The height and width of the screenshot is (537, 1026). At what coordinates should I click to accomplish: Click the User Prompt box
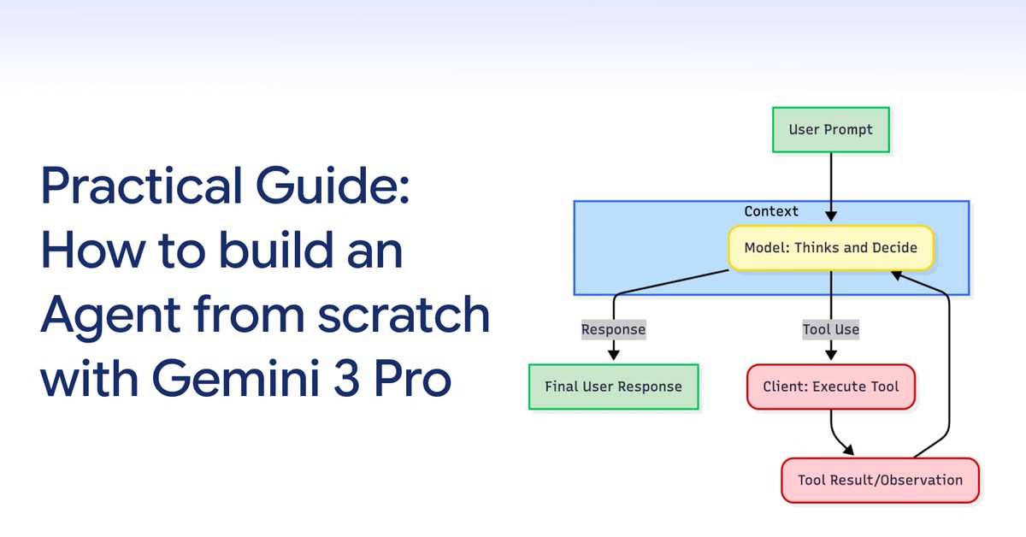point(830,130)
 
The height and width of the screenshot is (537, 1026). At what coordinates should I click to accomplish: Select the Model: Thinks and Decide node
point(830,248)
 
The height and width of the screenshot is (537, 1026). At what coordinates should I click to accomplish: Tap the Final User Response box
point(613,387)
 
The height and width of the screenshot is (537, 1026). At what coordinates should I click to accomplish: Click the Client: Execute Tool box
point(830,387)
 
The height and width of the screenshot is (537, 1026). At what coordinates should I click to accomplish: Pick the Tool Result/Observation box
point(880,480)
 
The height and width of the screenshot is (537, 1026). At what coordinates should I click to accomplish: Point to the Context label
point(771,211)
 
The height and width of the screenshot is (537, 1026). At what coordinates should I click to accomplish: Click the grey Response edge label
point(613,329)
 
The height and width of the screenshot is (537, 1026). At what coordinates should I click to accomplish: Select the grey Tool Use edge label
point(830,329)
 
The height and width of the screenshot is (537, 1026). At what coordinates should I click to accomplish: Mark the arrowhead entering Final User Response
point(613,356)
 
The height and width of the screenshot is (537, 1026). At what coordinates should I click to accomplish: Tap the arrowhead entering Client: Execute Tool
point(830,356)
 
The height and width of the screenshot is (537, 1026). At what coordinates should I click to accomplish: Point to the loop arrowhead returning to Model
point(895,274)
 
